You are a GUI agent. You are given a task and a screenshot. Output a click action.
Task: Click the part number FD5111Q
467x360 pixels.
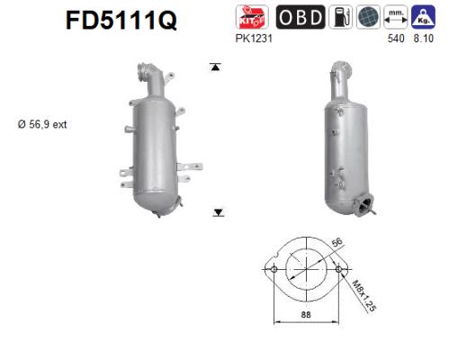pyautogui.click(x=119, y=20)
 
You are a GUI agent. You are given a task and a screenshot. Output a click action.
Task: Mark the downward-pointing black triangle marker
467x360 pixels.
pyautogui.click(x=218, y=212)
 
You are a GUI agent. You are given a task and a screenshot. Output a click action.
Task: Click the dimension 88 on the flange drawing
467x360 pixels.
pyautogui.click(x=305, y=314)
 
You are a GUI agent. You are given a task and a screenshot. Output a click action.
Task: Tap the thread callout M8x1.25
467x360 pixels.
pyautogui.click(x=362, y=293)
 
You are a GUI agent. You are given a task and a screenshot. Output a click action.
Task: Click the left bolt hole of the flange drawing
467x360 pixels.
pyautogui.click(x=272, y=269)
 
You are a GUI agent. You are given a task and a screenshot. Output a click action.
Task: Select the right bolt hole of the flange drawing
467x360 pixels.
pyautogui.click(x=339, y=269)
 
